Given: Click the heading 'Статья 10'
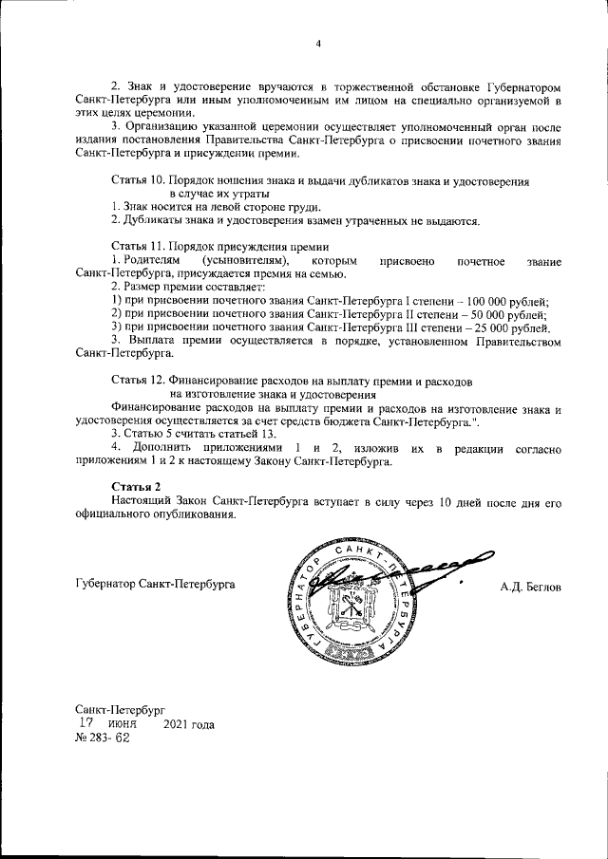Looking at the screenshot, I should [140, 180].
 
